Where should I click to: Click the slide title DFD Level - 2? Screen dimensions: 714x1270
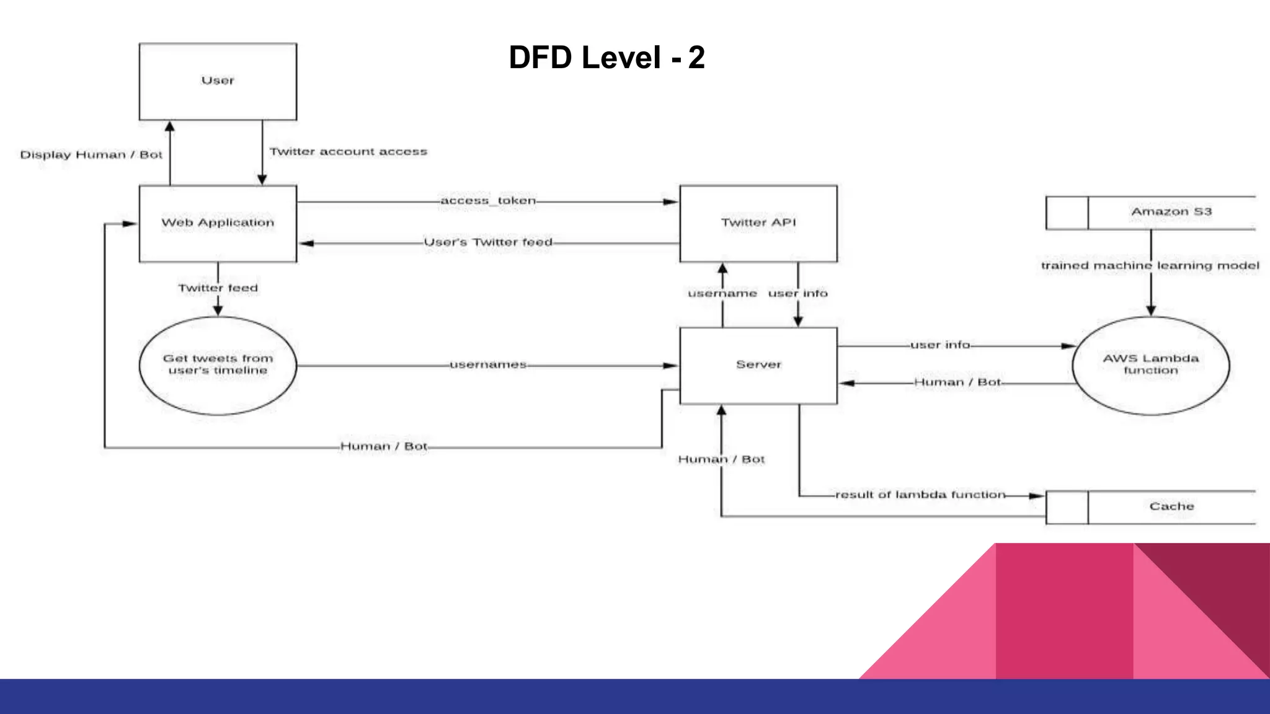606,58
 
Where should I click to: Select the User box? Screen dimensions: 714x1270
218,81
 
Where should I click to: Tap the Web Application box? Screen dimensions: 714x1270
218,223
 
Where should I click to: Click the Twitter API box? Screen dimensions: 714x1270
758,223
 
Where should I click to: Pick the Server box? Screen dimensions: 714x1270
758,365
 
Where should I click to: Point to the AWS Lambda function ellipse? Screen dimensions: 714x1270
1150,365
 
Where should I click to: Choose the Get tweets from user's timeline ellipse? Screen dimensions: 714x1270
218,365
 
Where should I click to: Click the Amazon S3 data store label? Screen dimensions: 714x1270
1171,212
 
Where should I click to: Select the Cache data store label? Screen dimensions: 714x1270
1171,506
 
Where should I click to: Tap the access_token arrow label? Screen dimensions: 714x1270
488,201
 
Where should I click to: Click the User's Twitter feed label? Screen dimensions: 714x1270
488,242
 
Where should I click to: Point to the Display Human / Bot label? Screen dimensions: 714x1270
91,155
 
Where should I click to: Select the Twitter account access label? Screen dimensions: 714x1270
349,152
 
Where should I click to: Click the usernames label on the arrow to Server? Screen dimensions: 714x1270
488,365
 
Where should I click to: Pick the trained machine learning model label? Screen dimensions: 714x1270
1150,266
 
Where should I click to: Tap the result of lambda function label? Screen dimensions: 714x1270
920,495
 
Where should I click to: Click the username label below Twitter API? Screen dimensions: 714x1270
722,293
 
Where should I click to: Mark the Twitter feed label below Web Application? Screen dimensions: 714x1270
218,288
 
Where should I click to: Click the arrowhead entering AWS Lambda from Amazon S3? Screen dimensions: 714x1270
1151,311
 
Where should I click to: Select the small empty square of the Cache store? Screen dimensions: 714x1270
1067,507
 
